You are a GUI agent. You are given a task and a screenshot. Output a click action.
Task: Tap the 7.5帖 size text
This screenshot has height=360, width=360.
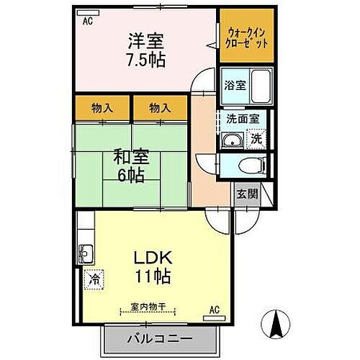147,60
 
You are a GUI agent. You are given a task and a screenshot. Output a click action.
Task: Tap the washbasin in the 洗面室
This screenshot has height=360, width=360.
232,140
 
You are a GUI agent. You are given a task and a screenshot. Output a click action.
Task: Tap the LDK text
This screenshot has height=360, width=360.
153,257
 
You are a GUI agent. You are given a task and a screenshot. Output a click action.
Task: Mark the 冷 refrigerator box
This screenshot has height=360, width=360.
94,278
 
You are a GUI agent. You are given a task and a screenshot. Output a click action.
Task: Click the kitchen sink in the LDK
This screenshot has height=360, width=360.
86,252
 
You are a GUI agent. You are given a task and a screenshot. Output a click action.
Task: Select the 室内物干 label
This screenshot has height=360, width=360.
148,307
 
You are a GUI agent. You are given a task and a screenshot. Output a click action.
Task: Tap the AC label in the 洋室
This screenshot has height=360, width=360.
87,22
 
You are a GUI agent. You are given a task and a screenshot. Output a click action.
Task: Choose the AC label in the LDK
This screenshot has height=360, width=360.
213,310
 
